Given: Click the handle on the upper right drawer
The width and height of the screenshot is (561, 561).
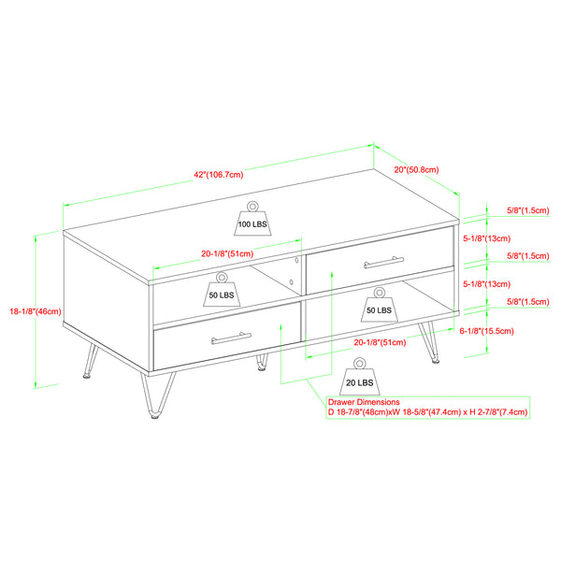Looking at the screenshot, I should [380, 264].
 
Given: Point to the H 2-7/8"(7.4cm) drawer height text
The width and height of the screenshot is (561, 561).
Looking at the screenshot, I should [495, 411].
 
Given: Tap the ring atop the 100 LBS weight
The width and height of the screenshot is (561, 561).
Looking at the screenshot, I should [252, 205].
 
